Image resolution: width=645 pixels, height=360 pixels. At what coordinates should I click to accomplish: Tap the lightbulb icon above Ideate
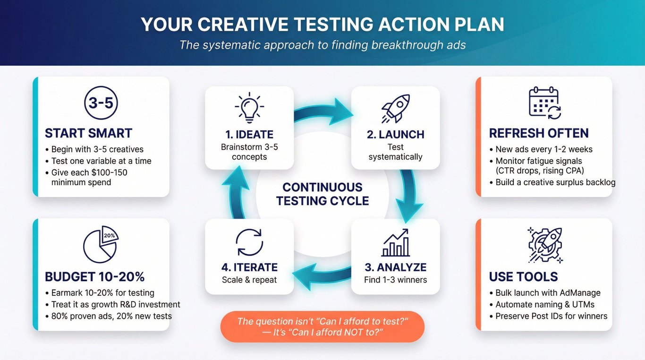(249, 108)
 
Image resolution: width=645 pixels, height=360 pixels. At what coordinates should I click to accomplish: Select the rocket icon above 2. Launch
(396, 108)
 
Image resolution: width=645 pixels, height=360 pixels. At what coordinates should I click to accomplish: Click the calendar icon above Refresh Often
(545, 103)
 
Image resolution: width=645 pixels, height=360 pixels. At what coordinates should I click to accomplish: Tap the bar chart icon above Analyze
(396, 242)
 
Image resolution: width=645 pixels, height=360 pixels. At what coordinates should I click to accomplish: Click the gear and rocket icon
(545, 245)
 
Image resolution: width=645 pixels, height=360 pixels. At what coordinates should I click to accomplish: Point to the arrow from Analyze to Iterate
(322, 276)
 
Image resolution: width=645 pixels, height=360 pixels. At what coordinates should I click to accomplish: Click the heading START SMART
(88, 133)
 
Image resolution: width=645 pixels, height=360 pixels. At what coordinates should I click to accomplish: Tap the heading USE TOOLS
(523, 277)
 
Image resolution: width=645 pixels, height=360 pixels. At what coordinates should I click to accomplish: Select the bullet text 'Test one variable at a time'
(101, 161)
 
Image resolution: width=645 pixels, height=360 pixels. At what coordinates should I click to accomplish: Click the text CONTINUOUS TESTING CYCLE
(322, 194)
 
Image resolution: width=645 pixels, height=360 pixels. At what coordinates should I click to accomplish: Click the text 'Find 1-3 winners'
(396, 280)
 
